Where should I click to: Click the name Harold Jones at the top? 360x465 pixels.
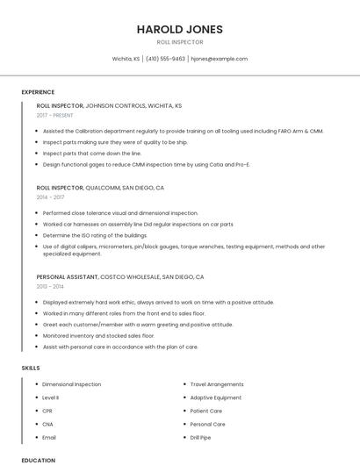point(179,29)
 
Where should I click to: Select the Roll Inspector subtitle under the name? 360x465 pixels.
point(179,41)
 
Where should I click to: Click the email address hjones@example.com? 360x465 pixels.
point(219,59)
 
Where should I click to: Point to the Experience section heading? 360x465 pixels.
point(38,92)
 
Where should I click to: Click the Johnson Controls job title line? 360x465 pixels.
point(109,105)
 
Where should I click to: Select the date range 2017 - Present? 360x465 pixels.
point(55,115)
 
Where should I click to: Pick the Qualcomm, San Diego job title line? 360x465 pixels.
point(100,188)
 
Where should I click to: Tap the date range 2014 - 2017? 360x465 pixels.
point(50,197)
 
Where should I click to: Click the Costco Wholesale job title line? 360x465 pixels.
point(120,277)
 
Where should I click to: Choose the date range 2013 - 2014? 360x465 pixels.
point(50,287)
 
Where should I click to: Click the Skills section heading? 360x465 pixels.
point(31,368)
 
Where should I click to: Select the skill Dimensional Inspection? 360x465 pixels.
point(71,384)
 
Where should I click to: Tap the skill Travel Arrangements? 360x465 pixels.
point(217,384)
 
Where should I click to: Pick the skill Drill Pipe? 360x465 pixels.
point(200,437)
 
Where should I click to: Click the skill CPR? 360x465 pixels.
point(47,411)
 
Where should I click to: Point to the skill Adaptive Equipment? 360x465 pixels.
point(215,397)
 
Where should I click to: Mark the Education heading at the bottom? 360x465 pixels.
point(38,460)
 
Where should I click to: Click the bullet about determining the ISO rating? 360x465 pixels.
point(94,235)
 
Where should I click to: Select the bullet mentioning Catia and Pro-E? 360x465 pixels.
point(146,164)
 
